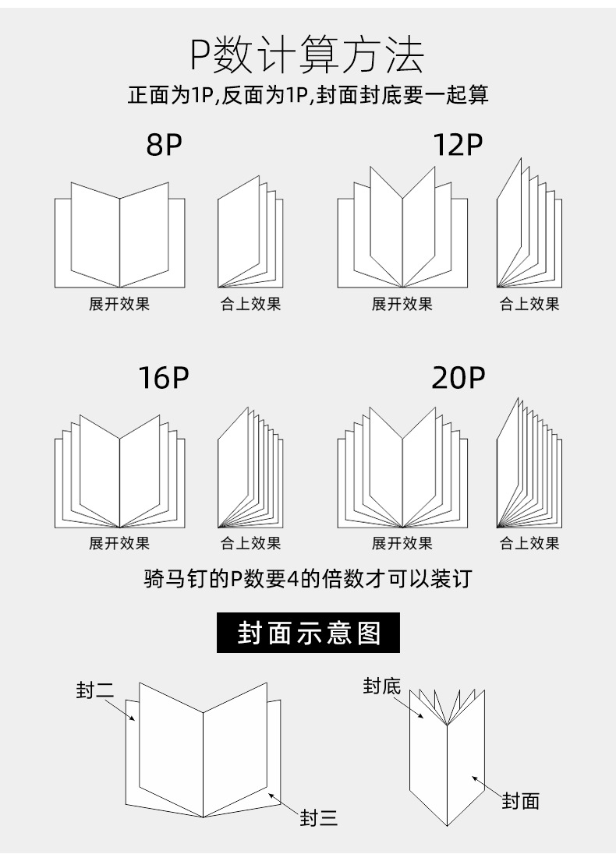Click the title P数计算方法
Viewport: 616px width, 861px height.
pos(308,56)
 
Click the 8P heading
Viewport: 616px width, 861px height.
pos(164,145)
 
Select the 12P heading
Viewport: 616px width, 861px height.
pos(458,145)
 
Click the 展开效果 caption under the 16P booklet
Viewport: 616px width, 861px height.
pos(119,543)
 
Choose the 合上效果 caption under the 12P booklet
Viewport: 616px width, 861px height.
pos(529,304)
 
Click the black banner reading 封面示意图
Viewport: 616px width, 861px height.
pos(309,633)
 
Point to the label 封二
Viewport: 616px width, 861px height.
pos(95,690)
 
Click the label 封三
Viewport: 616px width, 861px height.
pos(319,818)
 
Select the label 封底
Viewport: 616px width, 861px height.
pos(382,686)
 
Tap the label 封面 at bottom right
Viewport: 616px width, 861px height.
pos(520,800)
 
